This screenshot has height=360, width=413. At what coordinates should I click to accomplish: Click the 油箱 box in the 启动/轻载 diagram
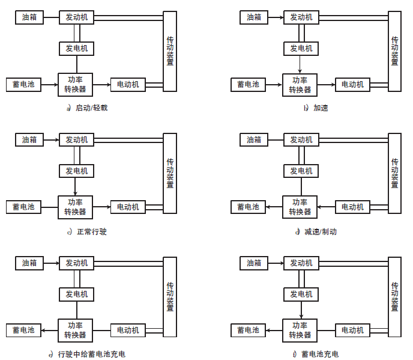(29, 17)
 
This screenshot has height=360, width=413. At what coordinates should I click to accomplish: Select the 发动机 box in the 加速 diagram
(301, 17)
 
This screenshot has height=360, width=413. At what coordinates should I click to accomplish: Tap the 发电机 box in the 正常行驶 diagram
(76, 171)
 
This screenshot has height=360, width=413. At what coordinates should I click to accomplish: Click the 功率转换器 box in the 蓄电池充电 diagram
(300, 330)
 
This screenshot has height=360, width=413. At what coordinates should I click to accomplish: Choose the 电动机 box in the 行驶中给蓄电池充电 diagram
(127, 330)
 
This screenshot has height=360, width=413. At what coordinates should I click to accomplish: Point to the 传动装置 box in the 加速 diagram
(394, 51)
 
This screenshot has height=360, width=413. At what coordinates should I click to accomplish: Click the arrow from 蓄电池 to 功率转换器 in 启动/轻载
(49, 85)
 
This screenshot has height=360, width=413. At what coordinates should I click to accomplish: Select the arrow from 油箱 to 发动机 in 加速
(276, 17)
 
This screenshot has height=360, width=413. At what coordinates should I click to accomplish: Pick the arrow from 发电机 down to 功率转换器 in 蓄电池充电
(301, 310)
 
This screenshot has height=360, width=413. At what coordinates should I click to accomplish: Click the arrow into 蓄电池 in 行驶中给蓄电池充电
(50, 330)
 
